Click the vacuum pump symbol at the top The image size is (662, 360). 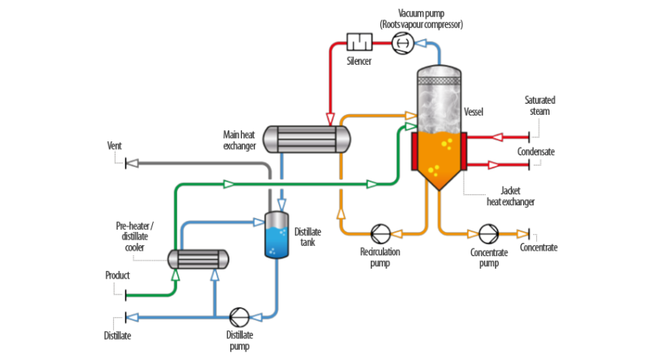402,43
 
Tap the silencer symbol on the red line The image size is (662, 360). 360,42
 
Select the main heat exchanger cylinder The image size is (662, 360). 306,139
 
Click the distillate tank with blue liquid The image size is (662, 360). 277,235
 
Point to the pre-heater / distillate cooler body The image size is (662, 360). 198,258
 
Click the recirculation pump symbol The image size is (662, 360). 380,233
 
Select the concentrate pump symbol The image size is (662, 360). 488,233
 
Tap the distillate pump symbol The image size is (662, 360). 240,317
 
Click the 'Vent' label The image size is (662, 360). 115,146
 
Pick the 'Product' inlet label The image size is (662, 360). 118,276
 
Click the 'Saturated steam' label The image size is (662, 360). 539,105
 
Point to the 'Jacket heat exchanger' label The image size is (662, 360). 511,195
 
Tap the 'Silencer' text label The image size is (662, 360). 359,60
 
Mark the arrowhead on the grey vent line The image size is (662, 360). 133,163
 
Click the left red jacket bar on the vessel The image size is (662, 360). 414,150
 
